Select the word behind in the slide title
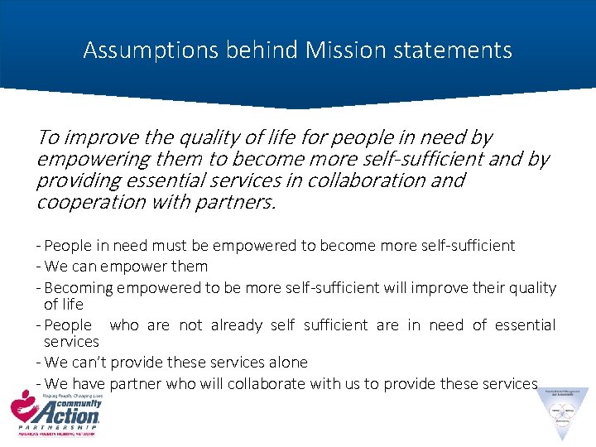[249, 50]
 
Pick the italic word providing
[75, 180]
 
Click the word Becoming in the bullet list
[79, 288]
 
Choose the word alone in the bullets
[286, 363]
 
